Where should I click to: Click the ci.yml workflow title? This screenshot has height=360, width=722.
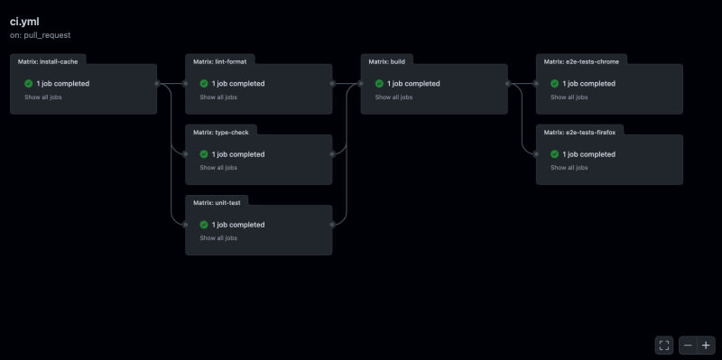(24, 22)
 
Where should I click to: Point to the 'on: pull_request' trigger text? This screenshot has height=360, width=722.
(40, 35)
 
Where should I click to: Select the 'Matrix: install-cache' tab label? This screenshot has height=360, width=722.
(48, 61)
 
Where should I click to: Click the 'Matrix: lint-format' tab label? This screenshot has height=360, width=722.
(220, 61)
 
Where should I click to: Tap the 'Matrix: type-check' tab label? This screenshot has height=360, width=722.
(221, 132)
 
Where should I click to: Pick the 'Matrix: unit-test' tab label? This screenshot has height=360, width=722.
(217, 203)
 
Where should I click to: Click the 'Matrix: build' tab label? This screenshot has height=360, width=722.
(387, 61)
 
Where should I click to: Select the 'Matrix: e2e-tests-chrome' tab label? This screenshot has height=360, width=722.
(581, 61)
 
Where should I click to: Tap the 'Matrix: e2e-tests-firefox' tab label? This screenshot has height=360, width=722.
(579, 132)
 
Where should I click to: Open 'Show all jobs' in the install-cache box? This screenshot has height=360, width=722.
(42, 97)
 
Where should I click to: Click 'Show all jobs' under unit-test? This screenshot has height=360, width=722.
(218, 238)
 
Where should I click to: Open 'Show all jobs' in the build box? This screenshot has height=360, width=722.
(393, 97)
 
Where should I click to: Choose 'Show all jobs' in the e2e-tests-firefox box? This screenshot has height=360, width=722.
(569, 168)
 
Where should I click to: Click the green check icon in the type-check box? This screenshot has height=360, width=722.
(204, 154)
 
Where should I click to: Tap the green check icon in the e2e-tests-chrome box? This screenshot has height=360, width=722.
(555, 83)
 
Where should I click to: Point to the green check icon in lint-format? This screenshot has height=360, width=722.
(204, 83)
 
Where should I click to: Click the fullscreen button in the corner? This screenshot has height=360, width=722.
(664, 346)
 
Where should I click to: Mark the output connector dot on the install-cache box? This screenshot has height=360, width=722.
(157, 83)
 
